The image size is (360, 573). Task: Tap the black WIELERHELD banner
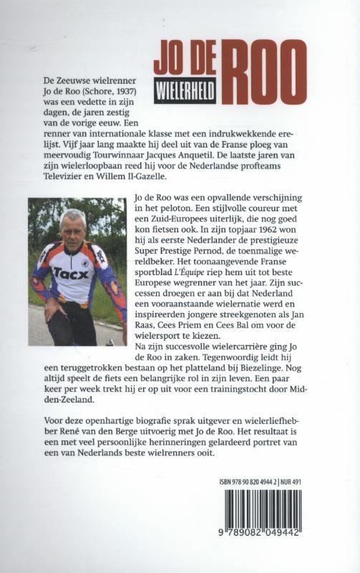[185, 95]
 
